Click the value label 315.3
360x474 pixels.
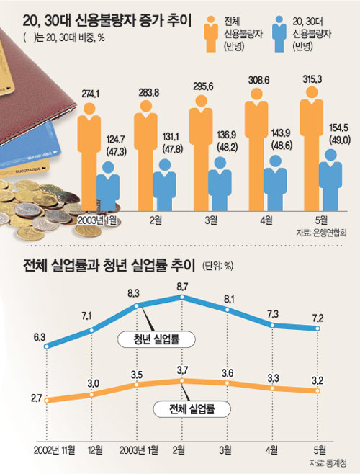click(312, 79)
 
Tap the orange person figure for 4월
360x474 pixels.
click(256, 149)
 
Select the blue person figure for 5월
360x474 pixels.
click(330, 180)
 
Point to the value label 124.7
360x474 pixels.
click(115, 140)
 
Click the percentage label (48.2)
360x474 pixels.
click(227, 146)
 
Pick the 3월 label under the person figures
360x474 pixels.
click(210, 220)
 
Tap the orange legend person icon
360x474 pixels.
click(211, 34)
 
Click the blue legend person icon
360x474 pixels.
click(279, 34)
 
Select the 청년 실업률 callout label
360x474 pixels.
click(156, 339)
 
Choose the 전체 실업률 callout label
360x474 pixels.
click(192, 409)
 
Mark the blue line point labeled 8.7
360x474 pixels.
click(182, 297)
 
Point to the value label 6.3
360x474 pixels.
click(40, 337)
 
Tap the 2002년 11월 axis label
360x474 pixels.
click(54, 450)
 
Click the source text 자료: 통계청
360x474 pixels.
click(328, 462)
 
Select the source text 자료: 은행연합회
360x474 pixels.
click(322, 233)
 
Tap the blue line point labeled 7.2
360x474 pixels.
click(318, 328)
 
